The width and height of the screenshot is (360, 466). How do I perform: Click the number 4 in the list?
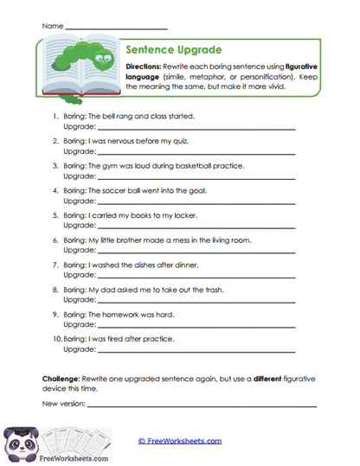(x=55, y=190)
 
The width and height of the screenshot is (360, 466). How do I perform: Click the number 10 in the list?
(x=55, y=340)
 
